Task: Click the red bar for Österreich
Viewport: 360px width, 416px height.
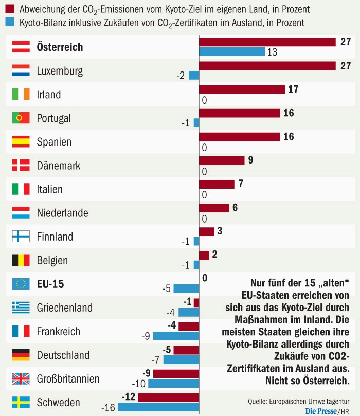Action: (267, 42)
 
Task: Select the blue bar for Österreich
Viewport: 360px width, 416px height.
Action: (231, 51)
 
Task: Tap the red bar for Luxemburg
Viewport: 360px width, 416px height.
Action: (267, 65)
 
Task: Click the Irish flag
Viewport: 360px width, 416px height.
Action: (21, 94)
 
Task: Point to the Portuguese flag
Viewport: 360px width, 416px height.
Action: (21, 118)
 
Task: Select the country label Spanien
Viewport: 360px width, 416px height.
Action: (54, 142)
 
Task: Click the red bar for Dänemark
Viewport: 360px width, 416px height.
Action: (221, 160)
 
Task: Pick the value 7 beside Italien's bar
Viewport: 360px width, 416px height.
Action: (240, 184)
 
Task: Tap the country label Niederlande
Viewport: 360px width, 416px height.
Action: (62, 213)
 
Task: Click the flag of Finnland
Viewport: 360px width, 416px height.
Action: (21, 237)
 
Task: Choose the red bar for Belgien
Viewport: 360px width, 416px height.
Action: (204, 256)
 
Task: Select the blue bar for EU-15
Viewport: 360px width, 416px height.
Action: (186, 288)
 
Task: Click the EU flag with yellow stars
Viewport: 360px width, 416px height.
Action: (21, 284)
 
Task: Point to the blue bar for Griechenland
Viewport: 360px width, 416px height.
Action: (188, 312)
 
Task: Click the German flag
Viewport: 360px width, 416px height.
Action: (21, 355)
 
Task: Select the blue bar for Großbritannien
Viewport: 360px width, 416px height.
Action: (173, 384)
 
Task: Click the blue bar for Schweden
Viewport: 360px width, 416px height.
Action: (158, 407)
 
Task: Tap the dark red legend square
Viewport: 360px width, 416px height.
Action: (10, 10)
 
